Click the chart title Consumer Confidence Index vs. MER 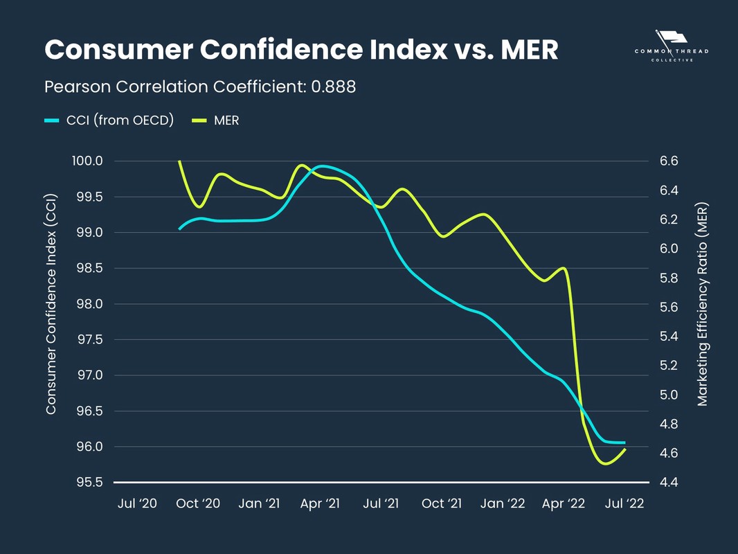pyautogui.click(x=301, y=50)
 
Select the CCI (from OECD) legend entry pyautogui.click(x=109, y=120)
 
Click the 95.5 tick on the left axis pyautogui.click(x=88, y=482)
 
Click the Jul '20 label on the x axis pyautogui.click(x=138, y=503)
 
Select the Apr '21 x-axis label pyautogui.click(x=320, y=503)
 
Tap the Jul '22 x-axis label pyautogui.click(x=624, y=503)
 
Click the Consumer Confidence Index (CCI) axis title pyautogui.click(x=51, y=321)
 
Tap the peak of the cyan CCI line pyautogui.click(x=321, y=166)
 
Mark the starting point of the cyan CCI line pyautogui.click(x=179, y=229)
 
